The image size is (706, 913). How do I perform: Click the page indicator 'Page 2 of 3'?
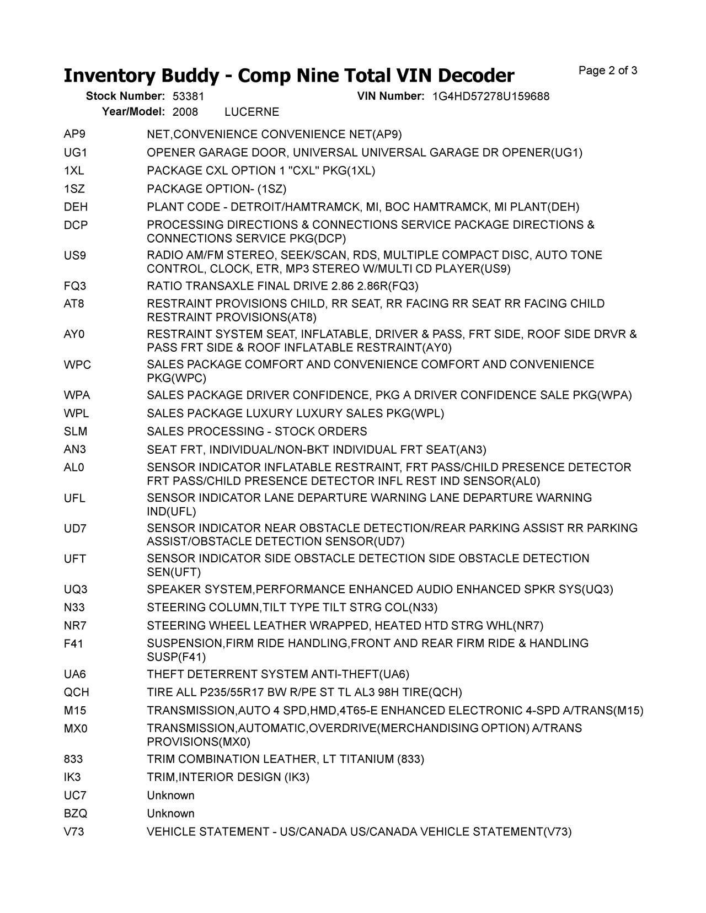(x=608, y=71)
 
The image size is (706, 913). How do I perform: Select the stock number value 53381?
(x=189, y=96)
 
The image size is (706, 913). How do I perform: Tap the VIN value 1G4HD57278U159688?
(x=491, y=96)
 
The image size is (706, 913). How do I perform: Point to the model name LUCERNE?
(x=252, y=112)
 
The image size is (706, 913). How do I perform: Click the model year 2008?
(x=185, y=112)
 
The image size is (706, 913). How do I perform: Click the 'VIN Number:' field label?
(x=391, y=96)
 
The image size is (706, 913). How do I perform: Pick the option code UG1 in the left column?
(x=76, y=153)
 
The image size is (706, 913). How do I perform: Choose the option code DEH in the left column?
(x=76, y=207)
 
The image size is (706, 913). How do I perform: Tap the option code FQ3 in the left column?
(x=76, y=286)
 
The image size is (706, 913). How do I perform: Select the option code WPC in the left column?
(x=77, y=365)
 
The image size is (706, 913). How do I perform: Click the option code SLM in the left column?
(x=76, y=432)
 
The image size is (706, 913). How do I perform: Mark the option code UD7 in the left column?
(x=76, y=529)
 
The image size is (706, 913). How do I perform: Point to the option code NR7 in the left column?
(x=75, y=626)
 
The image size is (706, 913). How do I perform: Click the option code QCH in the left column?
(x=76, y=692)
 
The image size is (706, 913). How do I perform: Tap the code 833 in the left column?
(x=73, y=759)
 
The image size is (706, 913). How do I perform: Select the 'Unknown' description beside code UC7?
(x=170, y=796)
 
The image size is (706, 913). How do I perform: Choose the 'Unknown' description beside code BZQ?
(x=170, y=814)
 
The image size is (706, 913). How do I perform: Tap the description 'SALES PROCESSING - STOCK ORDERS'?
(x=256, y=432)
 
